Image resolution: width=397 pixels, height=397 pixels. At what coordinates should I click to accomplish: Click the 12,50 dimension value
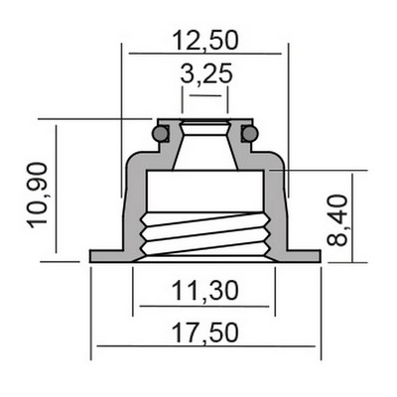pyautogui.click(x=205, y=41)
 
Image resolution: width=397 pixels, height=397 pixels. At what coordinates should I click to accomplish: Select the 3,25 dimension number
pyautogui.click(x=206, y=74)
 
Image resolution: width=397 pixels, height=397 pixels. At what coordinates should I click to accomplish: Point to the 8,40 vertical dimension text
pyautogui.click(x=337, y=220)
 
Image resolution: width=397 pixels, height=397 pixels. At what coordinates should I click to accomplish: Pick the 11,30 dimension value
pyautogui.click(x=205, y=291)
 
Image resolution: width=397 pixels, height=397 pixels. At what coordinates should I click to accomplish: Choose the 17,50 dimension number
pyautogui.click(x=205, y=332)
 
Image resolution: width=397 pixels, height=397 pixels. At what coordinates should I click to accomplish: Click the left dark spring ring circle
pyautogui.click(x=161, y=134)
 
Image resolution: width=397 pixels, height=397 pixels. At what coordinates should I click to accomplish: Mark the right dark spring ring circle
pyautogui.click(x=249, y=134)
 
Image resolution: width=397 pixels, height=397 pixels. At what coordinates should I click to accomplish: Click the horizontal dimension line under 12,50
pyautogui.click(x=205, y=54)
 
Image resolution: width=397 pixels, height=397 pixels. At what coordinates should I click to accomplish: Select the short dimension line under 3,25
pyautogui.click(x=205, y=95)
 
